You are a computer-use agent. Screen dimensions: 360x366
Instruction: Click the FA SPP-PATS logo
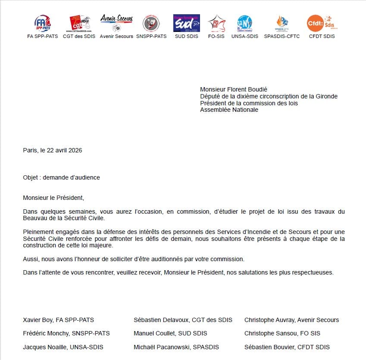click(x=42, y=23)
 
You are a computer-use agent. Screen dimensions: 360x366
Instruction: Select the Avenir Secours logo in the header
click(x=116, y=22)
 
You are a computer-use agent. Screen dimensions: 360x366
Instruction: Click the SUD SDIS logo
click(x=187, y=23)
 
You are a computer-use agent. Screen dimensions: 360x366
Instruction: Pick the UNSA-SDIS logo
click(x=244, y=23)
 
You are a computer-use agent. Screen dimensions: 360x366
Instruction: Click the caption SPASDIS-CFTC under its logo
click(x=282, y=36)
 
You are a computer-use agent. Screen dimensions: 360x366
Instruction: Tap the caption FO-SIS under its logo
click(x=216, y=36)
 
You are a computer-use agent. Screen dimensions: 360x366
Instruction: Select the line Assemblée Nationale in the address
click(x=229, y=110)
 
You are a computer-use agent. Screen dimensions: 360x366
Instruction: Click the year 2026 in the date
click(x=74, y=150)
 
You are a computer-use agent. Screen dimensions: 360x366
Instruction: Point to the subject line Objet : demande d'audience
click(x=61, y=177)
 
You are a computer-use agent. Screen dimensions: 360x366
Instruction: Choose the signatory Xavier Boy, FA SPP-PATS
click(x=58, y=320)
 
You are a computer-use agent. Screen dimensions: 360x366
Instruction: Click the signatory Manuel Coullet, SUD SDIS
click(x=170, y=333)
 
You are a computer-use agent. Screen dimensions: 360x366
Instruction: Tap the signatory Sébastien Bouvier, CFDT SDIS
click(x=287, y=347)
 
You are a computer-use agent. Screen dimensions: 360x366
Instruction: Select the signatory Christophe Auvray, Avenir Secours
click(x=291, y=320)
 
